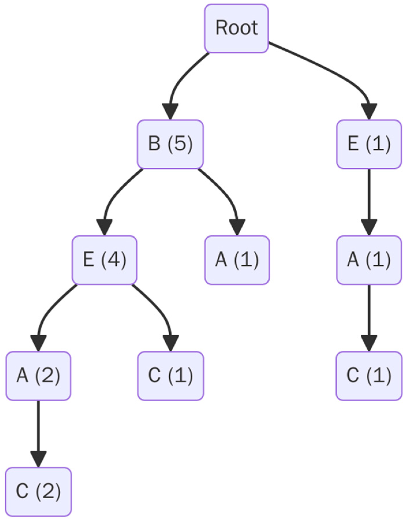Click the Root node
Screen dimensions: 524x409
(237, 28)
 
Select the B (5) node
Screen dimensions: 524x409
(170, 144)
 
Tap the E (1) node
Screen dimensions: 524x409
(369, 144)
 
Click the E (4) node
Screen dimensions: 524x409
(104, 260)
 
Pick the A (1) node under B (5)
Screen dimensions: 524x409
(237, 260)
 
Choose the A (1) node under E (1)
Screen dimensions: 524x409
(369, 260)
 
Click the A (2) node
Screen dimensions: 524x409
(38, 376)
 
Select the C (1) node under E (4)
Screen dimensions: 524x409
(170, 376)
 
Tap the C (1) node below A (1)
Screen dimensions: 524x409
(369, 376)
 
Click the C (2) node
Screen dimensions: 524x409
(38, 491)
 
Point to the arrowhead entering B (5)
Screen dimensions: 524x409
(170, 111)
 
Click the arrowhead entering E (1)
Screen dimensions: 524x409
(369, 111)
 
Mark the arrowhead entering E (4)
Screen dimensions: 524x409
(104, 227)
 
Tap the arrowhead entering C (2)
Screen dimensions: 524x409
(38, 458)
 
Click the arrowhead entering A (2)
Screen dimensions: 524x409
(39, 343)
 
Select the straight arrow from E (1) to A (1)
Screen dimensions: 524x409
(369, 196)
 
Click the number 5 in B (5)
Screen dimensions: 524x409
(180, 143)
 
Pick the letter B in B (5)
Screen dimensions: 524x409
(154, 143)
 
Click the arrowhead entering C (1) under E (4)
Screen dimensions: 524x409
(171, 343)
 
